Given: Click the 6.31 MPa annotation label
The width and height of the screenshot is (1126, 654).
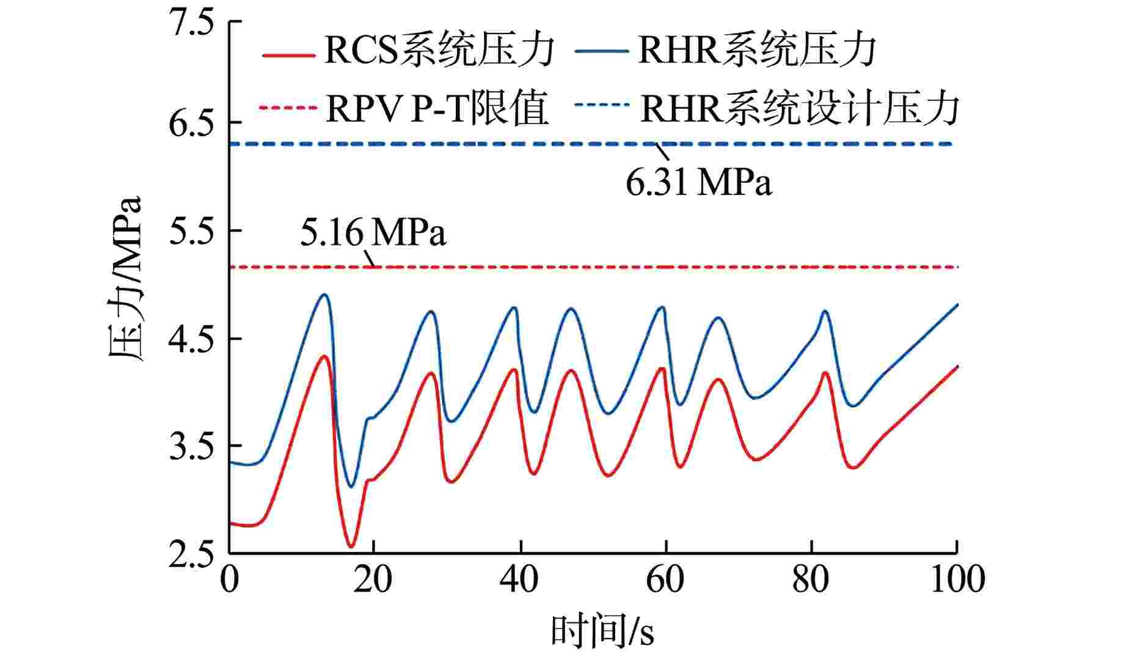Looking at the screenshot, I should coord(698,182).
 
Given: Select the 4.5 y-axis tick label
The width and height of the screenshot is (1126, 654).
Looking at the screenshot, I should coord(192,340).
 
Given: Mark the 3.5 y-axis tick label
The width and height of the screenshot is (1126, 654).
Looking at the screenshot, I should coord(192,449).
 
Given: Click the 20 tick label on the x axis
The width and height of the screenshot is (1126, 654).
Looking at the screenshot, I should coord(373,579).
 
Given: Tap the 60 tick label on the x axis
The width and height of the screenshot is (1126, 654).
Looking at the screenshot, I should coord(665,579).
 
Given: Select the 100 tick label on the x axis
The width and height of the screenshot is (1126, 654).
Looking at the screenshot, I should coord(957,579).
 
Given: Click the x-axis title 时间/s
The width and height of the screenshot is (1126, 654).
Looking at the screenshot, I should coord(602,631).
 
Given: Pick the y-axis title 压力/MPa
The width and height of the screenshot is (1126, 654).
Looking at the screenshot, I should coord(125,280).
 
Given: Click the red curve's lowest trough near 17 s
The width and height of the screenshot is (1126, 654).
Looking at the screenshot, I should coord(351,546).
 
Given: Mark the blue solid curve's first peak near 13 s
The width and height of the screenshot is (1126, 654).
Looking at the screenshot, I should coord(325,295).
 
